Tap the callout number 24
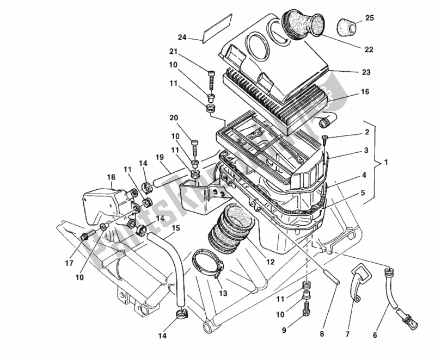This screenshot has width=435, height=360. [182, 38]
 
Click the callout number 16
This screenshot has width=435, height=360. [364, 92]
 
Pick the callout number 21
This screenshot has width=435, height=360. [173, 52]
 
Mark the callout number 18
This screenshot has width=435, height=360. [111, 177]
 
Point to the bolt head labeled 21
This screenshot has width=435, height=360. [211, 74]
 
